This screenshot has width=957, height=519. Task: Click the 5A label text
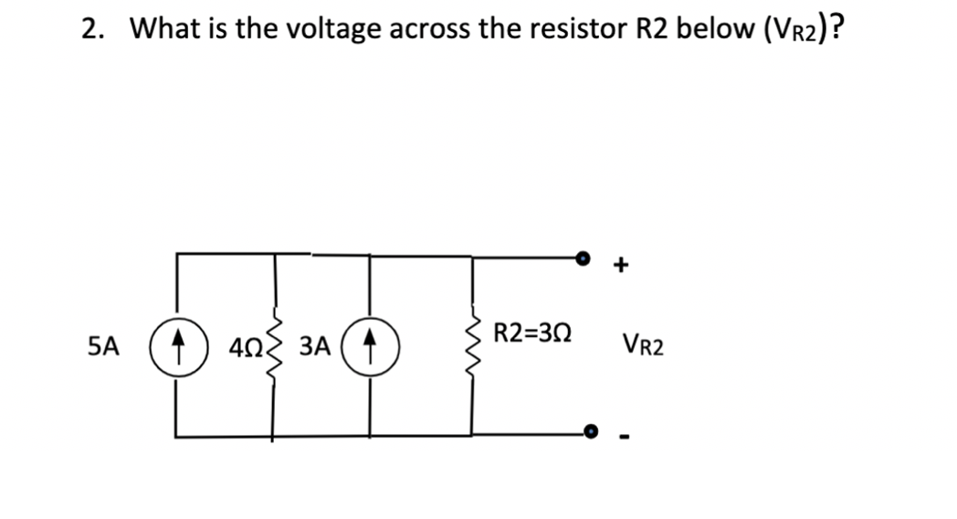[x=103, y=346]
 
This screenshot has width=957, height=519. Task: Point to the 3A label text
[x=315, y=346]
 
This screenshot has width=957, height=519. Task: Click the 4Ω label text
[x=246, y=347]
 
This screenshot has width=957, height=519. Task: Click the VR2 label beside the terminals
[x=644, y=346]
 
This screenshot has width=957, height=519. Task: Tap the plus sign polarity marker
[x=622, y=265]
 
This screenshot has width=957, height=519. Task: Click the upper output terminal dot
[x=584, y=259]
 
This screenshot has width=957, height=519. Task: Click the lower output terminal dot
[x=589, y=429]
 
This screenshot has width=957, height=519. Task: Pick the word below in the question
[x=710, y=29]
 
